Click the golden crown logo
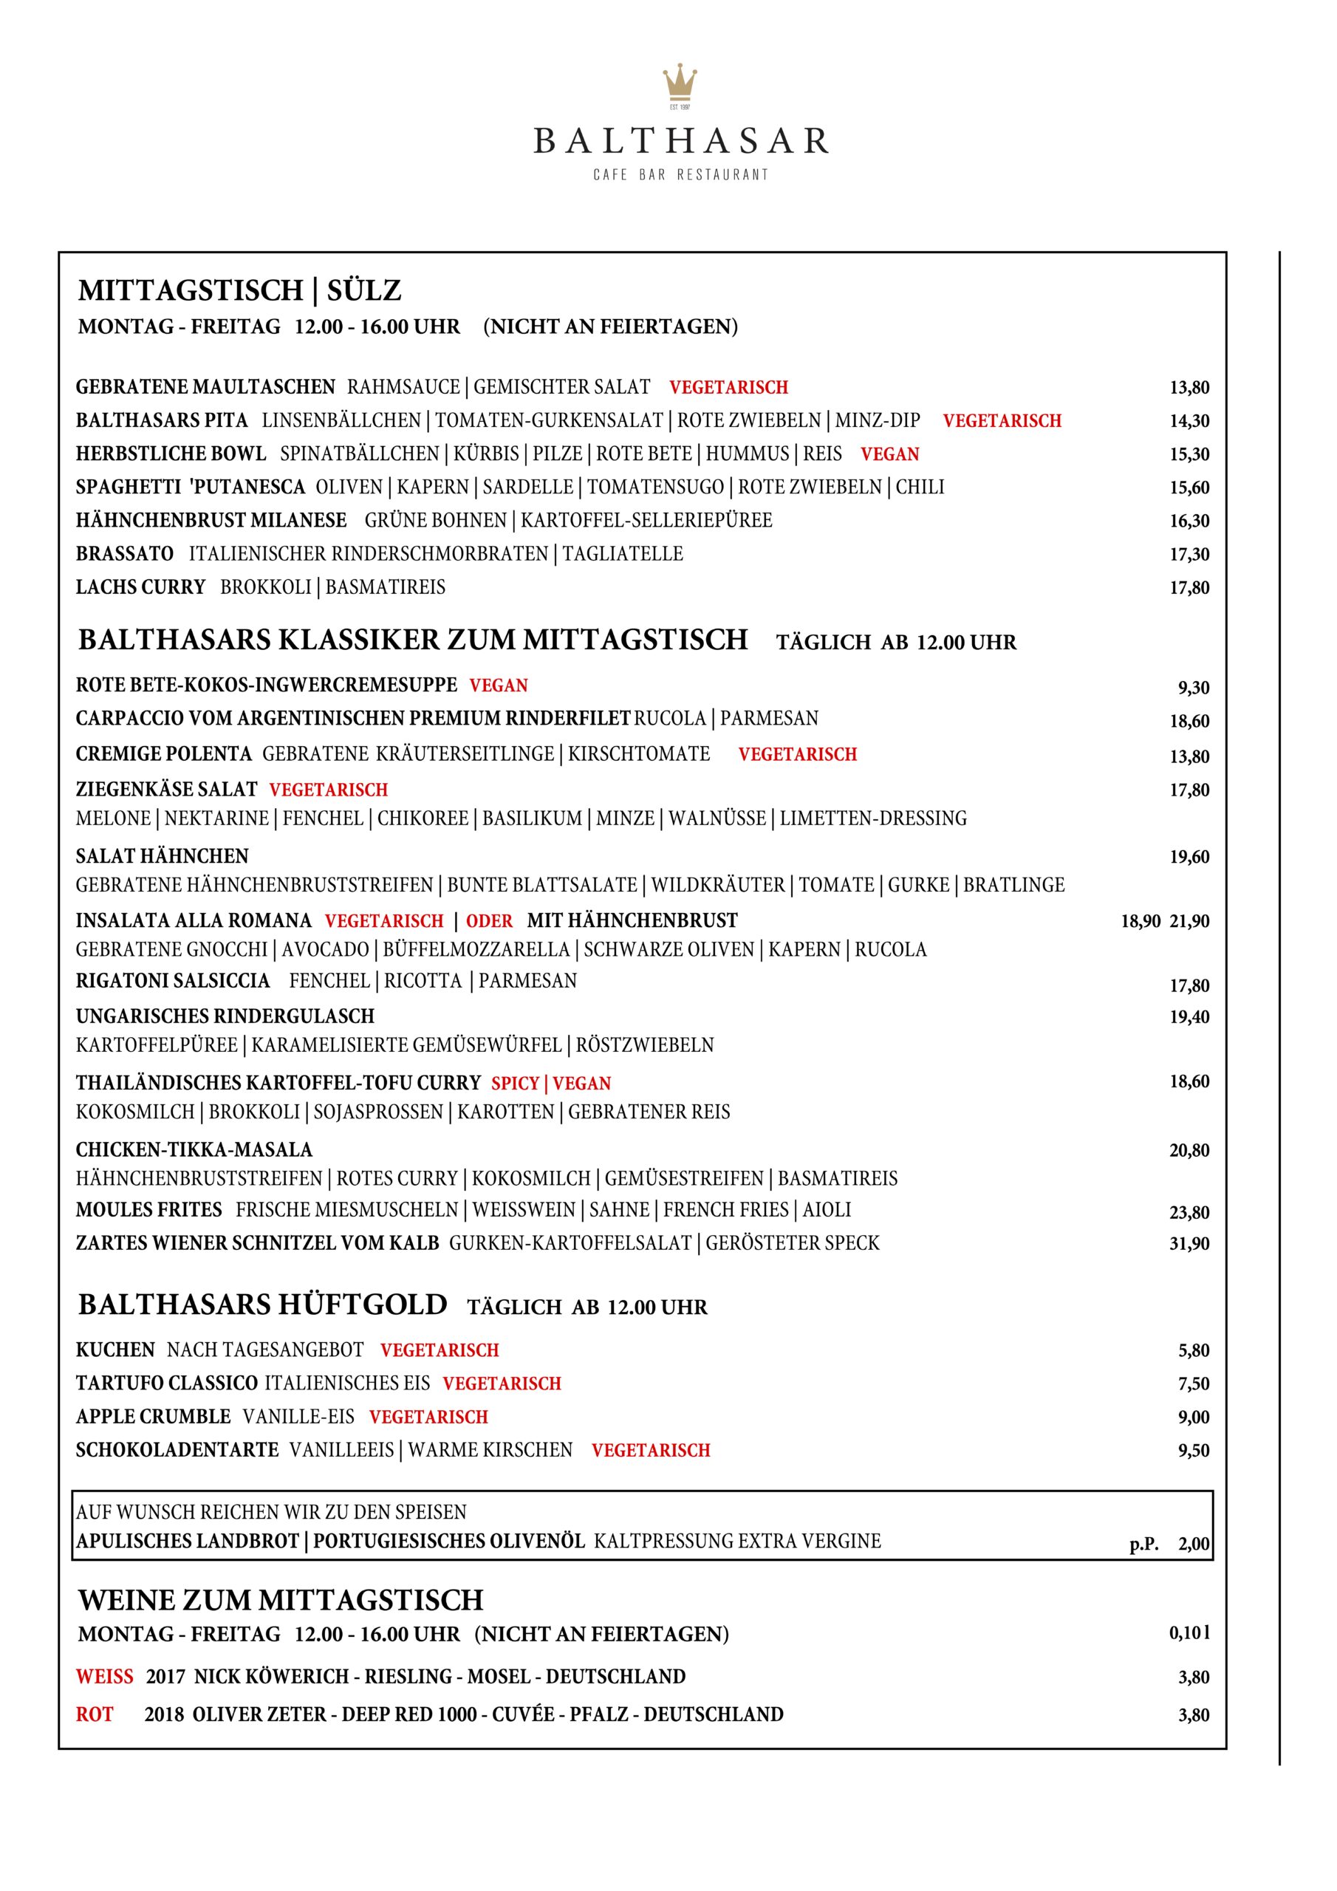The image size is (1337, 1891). pyautogui.click(x=680, y=85)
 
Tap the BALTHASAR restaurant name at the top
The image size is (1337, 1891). pyautogui.click(x=680, y=141)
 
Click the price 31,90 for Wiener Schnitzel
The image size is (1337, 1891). pyautogui.click(x=1189, y=1244)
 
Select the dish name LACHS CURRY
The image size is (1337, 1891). pyautogui.click(x=140, y=587)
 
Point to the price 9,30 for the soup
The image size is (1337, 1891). pyautogui.click(x=1193, y=688)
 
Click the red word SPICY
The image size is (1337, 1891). pyautogui.click(x=515, y=1083)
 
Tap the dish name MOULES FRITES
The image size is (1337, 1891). pyautogui.click(x=149, y=1210)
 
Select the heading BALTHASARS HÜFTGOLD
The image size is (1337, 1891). pyautogui.click(x=263, y=1304)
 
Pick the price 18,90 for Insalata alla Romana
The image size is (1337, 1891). pyautogui.click(x=1140, y=922)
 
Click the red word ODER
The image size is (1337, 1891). pyautogui.click(x=489, y=921)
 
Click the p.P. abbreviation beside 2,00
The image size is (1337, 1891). pyautogui.click(x=1143, y=1545)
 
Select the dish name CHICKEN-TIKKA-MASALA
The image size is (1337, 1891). pyautogui.click(x=194, y=1149)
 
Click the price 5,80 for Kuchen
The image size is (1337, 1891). pyautogui.click(x=1193, y=1350)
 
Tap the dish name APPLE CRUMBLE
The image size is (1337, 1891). pyautogui.click(x=153, y=1417)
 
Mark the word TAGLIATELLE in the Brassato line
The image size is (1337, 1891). pyautogui.click(x=623, y=553)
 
